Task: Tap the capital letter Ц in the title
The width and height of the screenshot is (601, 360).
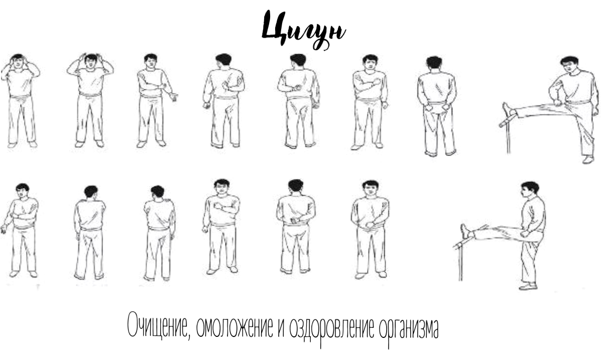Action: [x=274, y=26]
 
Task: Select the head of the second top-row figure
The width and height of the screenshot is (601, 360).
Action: [x=91, y=61]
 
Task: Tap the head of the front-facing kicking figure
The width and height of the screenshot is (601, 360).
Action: [x=570, y=65]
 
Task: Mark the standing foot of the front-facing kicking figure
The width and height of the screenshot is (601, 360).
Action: [x=588, y=160]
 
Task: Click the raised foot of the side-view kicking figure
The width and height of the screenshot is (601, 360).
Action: [x=465, y=231]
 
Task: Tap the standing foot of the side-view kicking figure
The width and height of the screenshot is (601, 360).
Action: [x=528, y=286]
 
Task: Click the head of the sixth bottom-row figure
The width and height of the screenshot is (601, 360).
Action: [x=370, y=188]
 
